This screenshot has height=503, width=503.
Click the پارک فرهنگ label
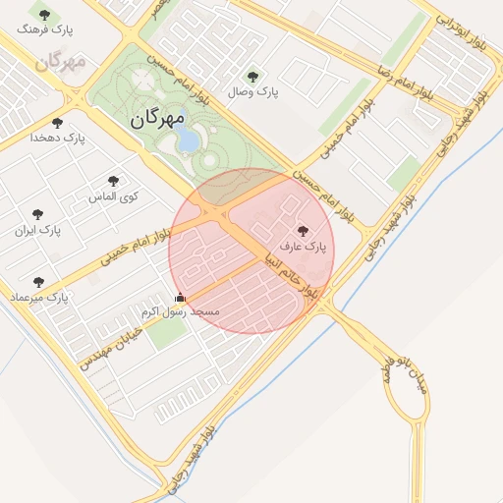pyautogui.click(x=42, y=29)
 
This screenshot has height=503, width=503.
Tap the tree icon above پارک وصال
pyautogui.click(x=252, y=77)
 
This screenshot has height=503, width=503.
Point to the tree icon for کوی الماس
pyautogui.click(x=113, y=181)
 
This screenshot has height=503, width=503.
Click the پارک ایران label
pyautogui.click(x=37, y=231)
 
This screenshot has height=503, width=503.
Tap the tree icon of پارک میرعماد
pyautogui.click(x=38, y=282)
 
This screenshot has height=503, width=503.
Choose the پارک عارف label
pyautogui.click(x=301, y=247)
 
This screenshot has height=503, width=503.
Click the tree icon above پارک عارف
pyautogui.click(x=301, y=232)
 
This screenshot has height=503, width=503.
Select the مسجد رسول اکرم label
pyautogui.click(x=180, y=311)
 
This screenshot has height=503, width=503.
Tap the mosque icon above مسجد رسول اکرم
pyautogui.click(x=179, y=298)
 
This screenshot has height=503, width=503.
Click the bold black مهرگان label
pyautogui.click(x=156, y=119)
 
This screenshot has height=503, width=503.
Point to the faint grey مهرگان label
pyautogui.click(x=61, y=61)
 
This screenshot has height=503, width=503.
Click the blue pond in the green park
pyautogui.click(x=186, y=140)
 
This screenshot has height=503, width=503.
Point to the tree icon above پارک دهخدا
pyautogui.click(x=57, y=124)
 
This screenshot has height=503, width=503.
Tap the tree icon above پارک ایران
pyautogui.click(x=37, y=215)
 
